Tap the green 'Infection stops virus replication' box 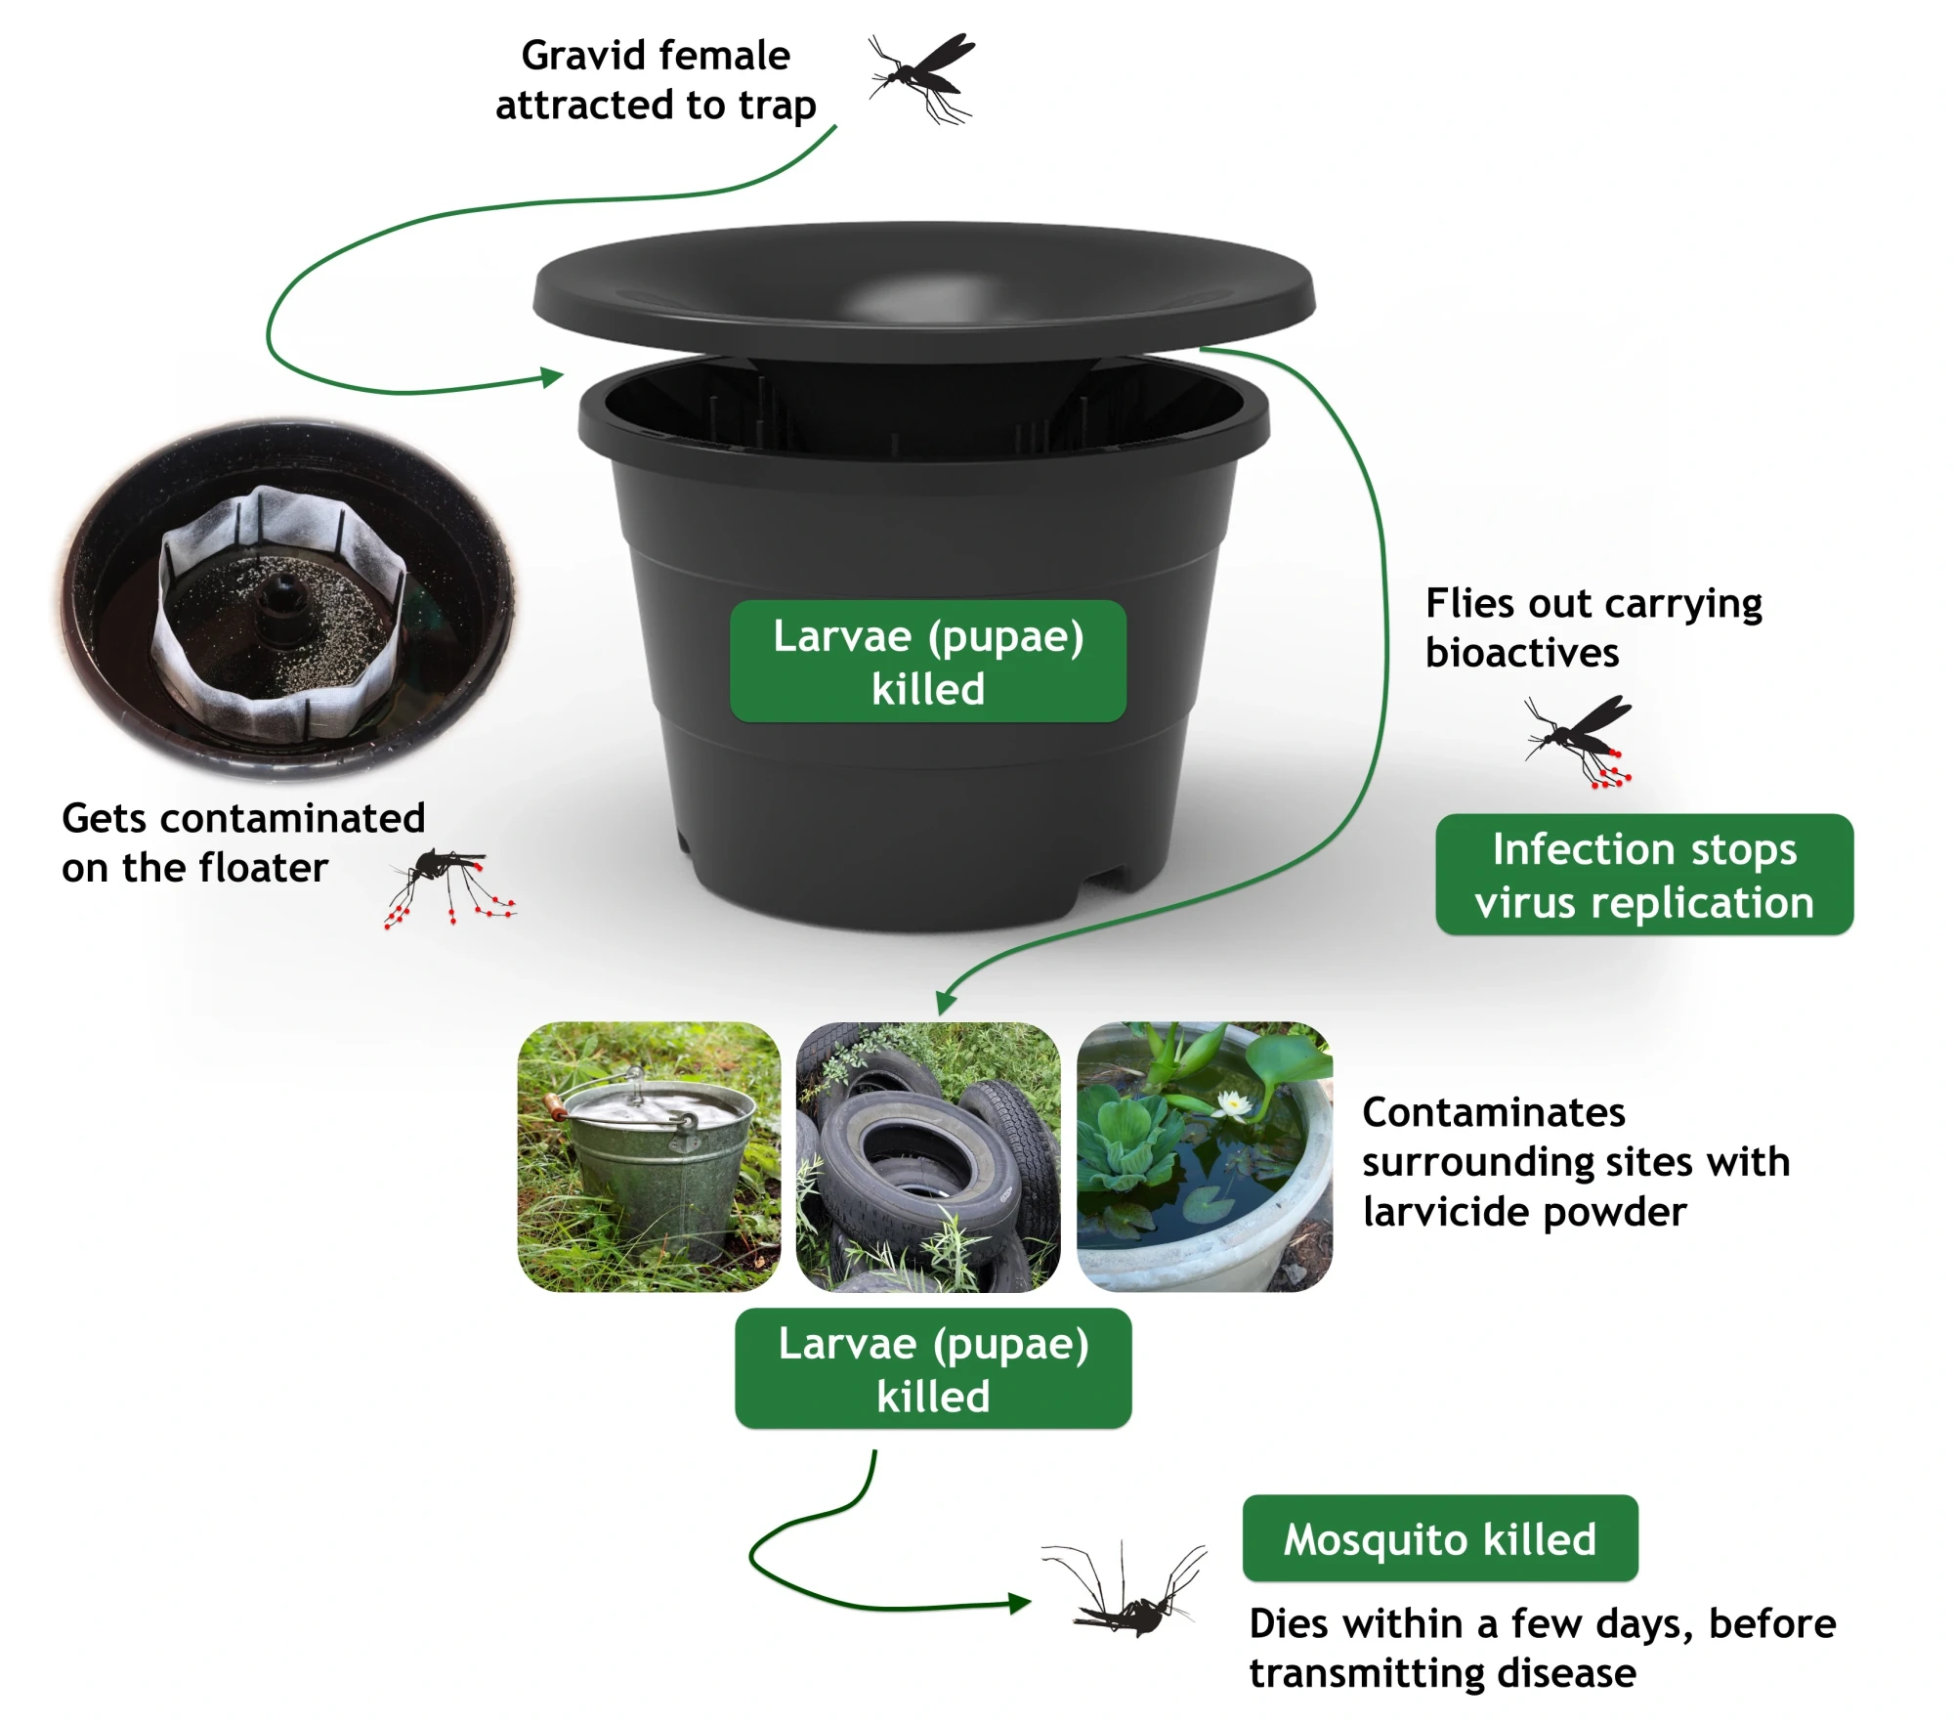[x=1643, y=875]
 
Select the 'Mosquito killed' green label [x=1439, y=1538]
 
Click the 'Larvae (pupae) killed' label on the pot [x=927, y=662]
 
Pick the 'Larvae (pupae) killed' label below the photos [x=932, y=1368]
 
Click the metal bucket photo [x=649, y=1157]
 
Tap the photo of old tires [x=927, y=1157]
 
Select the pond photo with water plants [x=1204, y=1157]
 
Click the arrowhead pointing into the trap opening [x=553, y=377]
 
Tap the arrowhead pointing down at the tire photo [x=944, y=1003]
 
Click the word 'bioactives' [x=1521, y=653]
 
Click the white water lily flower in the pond [x=1236, y=1104]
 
